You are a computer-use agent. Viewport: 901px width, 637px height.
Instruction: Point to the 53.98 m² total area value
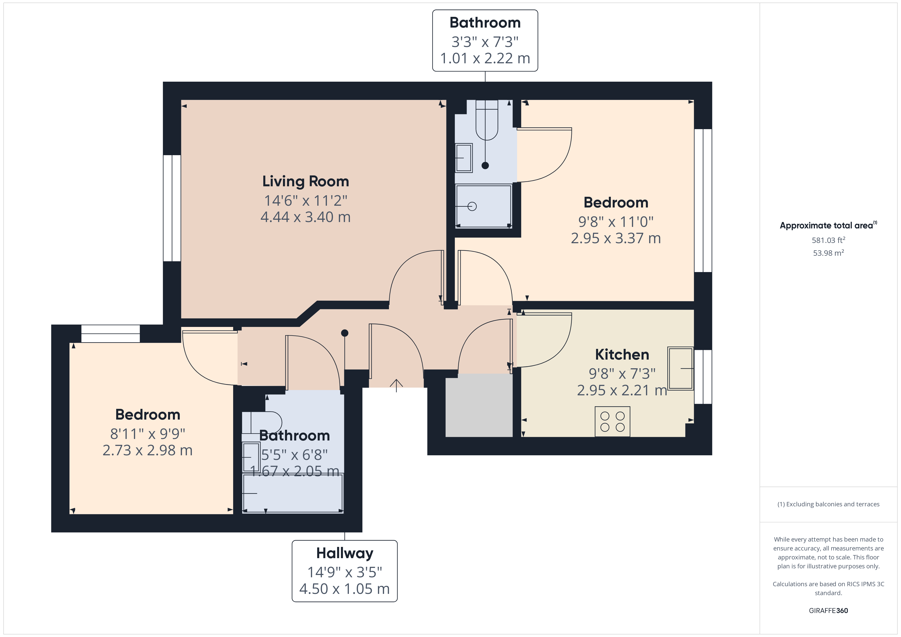click(x=828, y=253)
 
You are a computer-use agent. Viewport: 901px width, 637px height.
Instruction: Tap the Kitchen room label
click(x=622, y=354)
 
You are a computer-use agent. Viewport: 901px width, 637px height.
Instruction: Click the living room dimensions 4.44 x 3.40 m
click(x=306, y=217)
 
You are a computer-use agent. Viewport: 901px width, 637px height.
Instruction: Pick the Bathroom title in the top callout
click(x=485, y=23)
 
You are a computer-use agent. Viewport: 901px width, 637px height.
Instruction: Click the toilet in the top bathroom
click(x=487, y=120)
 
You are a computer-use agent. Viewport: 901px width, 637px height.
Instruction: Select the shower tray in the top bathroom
click(x=483, y=206)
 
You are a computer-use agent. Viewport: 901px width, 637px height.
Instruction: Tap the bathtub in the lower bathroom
click(x=293, y=493)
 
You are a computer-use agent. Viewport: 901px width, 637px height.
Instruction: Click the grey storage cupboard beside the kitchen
click(x=479, y=405)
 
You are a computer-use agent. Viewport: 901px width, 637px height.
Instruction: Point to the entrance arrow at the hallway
click(x=396, y=386)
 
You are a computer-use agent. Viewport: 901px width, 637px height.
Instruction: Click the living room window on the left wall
click(x=172, y=208)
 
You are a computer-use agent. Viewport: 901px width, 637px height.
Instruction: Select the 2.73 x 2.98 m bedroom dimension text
click(x=148, y=450)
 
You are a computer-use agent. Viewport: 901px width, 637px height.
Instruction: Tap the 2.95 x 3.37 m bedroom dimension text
click(x=616, y=238)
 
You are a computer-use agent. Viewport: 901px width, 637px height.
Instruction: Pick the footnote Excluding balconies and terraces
click(x=828, y=504)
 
